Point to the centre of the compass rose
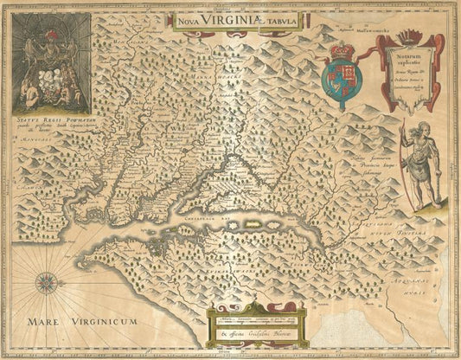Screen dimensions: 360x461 [x=47, y=281]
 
